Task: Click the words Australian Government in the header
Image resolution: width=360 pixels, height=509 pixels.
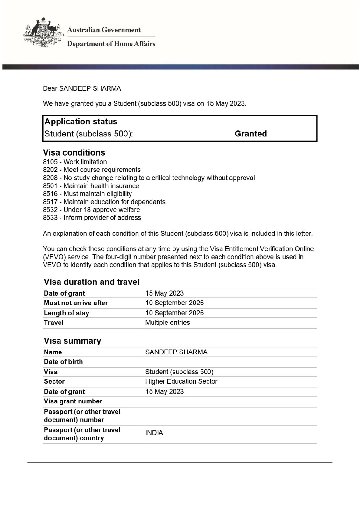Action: click(104, 30)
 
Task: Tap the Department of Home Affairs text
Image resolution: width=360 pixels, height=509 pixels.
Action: click(111, 44)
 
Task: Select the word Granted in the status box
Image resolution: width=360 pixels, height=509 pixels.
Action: click(251, 134)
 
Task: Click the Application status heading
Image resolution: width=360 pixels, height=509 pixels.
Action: click(81, 122)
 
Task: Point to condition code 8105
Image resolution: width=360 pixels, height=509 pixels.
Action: click(50, 162)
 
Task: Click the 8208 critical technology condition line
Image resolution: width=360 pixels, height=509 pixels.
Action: click(149, 178)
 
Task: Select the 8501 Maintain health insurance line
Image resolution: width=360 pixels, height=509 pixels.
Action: click(91, 186)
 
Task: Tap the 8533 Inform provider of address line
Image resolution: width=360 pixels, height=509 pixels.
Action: click(92, 218)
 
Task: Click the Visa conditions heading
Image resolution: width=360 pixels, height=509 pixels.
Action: click(74, 152)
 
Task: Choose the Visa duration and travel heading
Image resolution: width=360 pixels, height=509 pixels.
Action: click(92, 282)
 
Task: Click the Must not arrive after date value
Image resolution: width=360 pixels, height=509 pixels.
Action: click(174, 303)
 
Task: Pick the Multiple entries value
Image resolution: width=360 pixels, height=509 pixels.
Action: click(167, 323)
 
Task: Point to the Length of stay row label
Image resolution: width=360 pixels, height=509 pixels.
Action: click(67, 313)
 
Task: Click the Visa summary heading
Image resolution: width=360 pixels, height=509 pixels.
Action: click(72, 341)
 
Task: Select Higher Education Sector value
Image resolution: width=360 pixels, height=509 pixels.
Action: click(181, 381)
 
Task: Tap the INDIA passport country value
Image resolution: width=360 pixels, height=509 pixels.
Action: click(154, 433)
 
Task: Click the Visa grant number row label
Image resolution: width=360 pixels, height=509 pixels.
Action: click(73, 401)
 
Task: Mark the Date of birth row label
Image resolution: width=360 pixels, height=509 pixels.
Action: click(63, 362)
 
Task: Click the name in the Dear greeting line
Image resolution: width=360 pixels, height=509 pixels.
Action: click(90, 88)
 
